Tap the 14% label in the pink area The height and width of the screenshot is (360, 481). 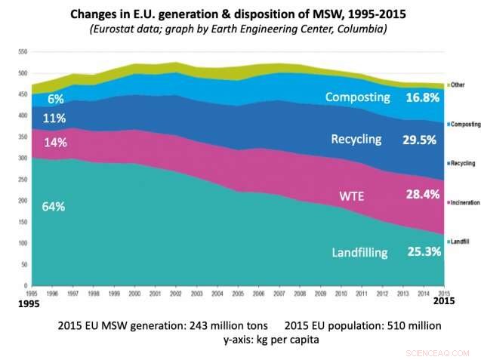pos(55,142)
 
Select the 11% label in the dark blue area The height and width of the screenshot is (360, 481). pos(55,118)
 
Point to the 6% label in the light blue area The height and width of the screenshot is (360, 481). pos(55,99)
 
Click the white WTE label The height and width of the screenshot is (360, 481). pos(350,196)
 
